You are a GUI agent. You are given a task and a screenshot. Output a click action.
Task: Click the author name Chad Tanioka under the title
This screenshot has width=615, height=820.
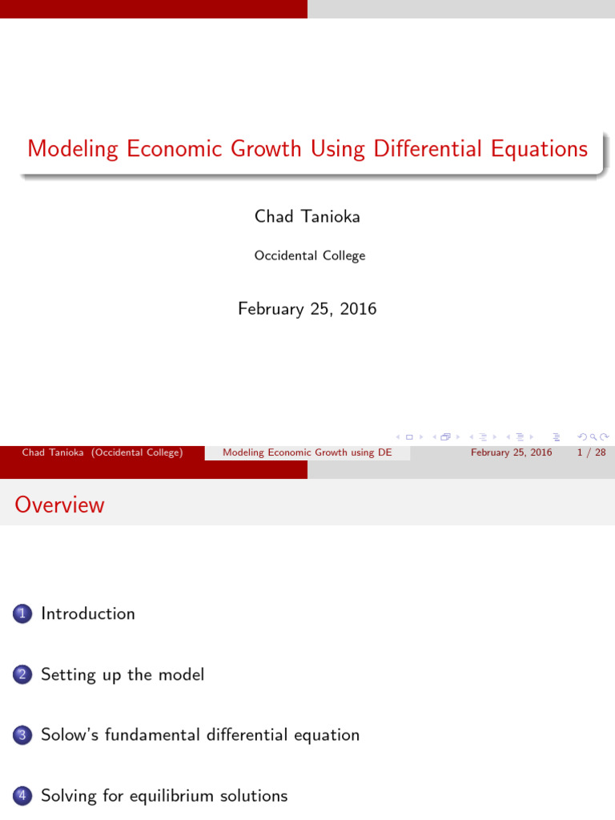307,216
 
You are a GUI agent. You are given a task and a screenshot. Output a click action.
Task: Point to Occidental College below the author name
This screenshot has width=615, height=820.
310,256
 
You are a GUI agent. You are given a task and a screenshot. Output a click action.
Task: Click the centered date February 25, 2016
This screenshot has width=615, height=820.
307,308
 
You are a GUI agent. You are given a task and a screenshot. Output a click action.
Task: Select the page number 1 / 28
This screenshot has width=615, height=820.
590,452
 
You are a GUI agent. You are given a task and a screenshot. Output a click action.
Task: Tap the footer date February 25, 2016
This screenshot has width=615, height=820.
511,452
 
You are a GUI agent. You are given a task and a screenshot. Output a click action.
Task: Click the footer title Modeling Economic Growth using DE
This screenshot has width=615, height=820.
307,452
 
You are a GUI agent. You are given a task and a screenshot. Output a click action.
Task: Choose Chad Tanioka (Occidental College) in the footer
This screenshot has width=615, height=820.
102,452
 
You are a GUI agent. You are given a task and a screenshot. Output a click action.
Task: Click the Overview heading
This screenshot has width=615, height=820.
59,504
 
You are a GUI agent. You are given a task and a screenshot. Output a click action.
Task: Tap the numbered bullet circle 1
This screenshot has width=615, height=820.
21,614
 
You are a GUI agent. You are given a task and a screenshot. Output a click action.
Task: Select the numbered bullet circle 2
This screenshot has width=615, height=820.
21,675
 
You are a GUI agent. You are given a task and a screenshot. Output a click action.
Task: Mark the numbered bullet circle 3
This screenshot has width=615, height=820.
21,736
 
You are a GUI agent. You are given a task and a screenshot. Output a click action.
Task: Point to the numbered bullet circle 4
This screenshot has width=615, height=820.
21,797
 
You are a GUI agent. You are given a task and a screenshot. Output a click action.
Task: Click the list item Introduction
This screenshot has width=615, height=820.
88,614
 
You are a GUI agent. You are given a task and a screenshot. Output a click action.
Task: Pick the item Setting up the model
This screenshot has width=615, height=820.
123,675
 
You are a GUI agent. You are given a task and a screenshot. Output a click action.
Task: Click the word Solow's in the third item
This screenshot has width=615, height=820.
68,735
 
